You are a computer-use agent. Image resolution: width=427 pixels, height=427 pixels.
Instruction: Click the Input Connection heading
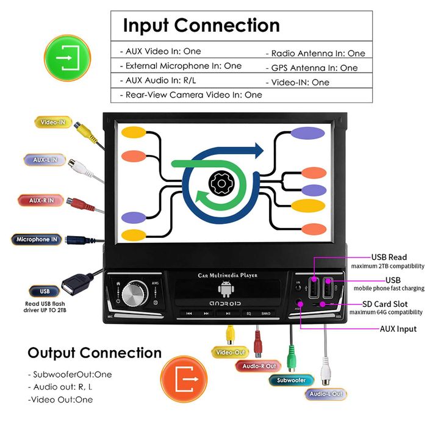[201, 26]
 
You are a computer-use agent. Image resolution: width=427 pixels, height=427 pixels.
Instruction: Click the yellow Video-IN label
[53, 122]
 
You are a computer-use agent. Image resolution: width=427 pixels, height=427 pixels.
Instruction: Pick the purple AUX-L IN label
[45, 160]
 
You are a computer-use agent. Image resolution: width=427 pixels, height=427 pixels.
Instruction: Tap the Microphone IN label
[37, 240]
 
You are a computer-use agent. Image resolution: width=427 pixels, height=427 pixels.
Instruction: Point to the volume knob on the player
[134, 293]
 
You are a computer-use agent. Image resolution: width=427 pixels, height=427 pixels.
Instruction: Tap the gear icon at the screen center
[218, 182]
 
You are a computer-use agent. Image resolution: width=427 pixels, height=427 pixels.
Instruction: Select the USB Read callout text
[389, 257]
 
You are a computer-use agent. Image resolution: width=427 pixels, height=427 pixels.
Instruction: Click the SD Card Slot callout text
[393, 304]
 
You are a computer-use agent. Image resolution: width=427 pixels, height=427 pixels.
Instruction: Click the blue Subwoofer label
[291, 380]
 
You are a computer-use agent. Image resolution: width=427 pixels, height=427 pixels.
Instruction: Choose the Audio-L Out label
[326, 394]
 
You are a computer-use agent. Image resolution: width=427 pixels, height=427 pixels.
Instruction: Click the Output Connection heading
[95, 353]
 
